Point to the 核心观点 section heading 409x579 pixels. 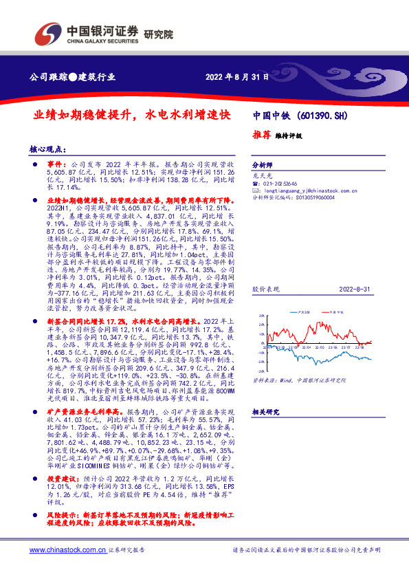click(x=47, y=149)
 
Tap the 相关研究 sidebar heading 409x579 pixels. click(x=265, y=412)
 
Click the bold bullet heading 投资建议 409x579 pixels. click(x=60, y=496)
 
